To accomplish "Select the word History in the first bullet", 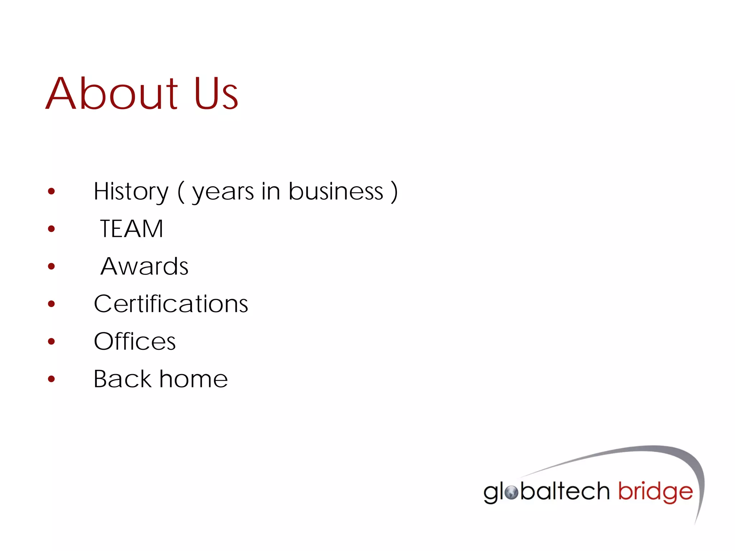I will click(131, 192).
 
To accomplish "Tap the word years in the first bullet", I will click(223, 192).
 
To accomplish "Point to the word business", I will click(336, 192).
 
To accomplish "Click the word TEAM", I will click(132, 229).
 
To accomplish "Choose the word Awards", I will click(144, 267).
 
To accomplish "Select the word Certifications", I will click(171, 304).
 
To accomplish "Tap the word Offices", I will click(135, 342).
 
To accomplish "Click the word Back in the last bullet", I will click(123, 379).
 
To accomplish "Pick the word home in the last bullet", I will click(193, 379).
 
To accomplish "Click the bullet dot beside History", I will click(51, 191).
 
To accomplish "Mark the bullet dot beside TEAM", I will click(51, 229).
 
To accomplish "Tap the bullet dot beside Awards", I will click(51, 267).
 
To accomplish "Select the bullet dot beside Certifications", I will click(51, 304).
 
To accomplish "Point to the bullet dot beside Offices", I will click(51, 342).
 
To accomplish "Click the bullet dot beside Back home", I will click(51, 379).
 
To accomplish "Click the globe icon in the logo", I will click(511, 493).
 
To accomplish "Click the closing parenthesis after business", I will click(394, 192).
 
